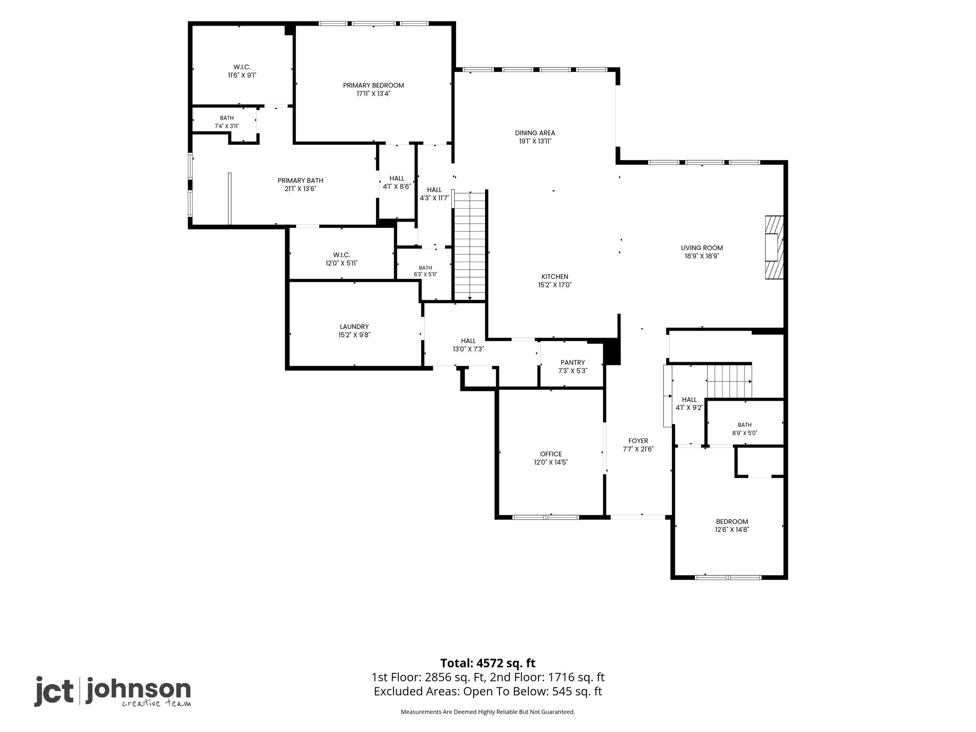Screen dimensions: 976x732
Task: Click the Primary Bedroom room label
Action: click(373, 85)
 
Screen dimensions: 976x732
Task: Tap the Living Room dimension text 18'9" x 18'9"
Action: click(701, 256)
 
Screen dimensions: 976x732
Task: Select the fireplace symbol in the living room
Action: click(774, 247)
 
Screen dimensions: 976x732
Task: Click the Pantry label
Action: click(572, 363)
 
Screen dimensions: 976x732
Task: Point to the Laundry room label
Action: click(354, 327)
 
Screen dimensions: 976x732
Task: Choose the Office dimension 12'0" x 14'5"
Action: click(551, 462)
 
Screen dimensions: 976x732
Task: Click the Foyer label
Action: click(638, 441)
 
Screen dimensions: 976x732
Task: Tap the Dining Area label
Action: click(535, 133)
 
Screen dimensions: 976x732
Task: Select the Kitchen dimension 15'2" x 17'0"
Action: click(555, 285)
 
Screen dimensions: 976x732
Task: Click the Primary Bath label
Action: click(300, 181)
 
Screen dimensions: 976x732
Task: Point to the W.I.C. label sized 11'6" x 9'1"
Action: click(242, 67)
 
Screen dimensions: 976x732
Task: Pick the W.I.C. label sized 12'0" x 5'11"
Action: click(342, 255)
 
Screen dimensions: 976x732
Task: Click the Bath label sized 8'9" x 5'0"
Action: click(744, 425)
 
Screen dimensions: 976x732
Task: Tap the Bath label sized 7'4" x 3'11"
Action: click(227, 118)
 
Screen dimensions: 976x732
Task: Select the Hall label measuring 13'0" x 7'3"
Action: click(468, 341)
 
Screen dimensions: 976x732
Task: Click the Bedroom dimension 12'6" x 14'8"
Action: click(732, 529)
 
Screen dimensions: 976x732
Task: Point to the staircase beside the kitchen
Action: click(470, 246)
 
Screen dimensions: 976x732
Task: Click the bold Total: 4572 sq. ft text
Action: click(488, 663)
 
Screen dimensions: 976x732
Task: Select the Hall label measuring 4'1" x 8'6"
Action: click(397, 179)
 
